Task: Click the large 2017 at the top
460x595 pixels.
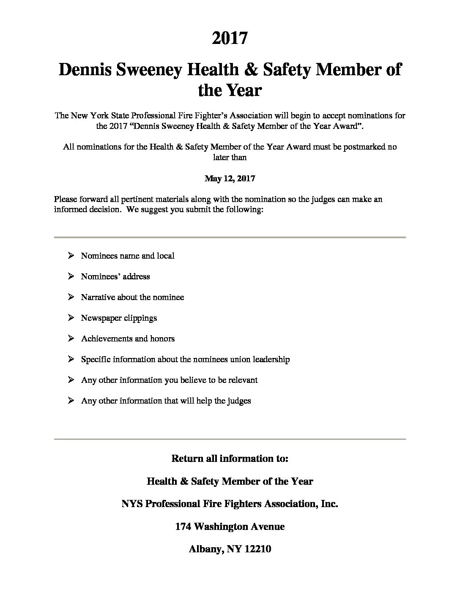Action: [x=230, y=38]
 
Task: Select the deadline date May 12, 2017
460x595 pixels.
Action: [x=230, y=178]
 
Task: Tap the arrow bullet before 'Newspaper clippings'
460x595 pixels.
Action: [x=71, y=317]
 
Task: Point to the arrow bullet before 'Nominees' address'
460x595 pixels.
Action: [x=71, y=276]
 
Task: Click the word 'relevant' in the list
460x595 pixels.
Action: [x=243, y=380]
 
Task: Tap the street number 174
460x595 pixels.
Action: [x=183, y=527]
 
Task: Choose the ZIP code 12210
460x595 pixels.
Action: [x=257, y=549]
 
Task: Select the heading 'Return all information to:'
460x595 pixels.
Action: [x=230, y=459]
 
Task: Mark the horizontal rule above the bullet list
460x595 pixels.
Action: [x=230, y=237]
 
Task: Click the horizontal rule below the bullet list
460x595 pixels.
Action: [x=230, y=439]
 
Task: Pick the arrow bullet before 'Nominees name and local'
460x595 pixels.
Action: [x=71, y=255]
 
